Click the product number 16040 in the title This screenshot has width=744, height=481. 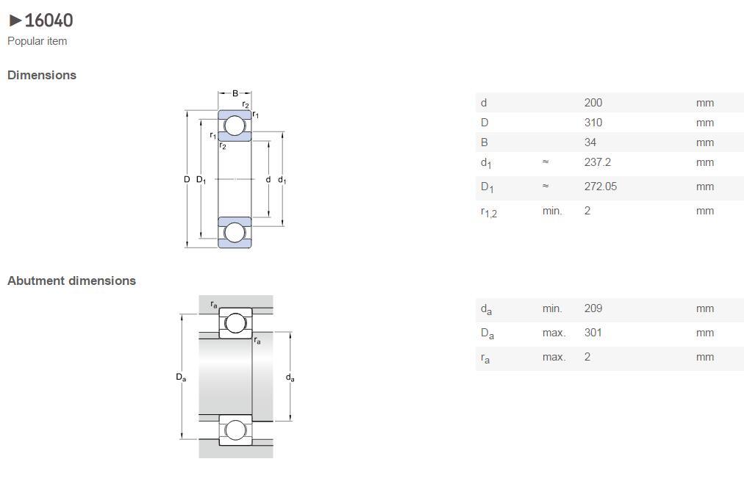click(x=49, y=21)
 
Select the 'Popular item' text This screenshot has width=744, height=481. click(x=37, y=41)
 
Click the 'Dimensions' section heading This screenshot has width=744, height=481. click(x=42, y=75)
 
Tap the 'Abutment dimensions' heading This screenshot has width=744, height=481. click(x=71, y=281)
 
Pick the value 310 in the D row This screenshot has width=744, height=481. click(x=593, y=123)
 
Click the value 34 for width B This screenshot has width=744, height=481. click(x=590, y=142)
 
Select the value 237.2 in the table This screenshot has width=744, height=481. click(x=598, y=162)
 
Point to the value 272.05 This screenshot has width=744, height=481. click(x=601, y=187)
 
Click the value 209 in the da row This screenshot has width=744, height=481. click(x=593, y=308)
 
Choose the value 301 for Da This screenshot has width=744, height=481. click(x=593, y=333)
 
